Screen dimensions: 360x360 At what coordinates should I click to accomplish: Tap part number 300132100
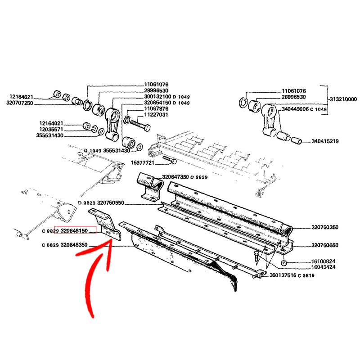pos(157,97)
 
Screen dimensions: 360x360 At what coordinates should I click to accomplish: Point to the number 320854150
pos(157,103)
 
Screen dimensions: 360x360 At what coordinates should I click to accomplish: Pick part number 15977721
pos(143,162)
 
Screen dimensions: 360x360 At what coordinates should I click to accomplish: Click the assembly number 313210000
pos(342,99)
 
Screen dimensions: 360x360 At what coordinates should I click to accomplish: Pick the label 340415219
pos(325,141)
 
